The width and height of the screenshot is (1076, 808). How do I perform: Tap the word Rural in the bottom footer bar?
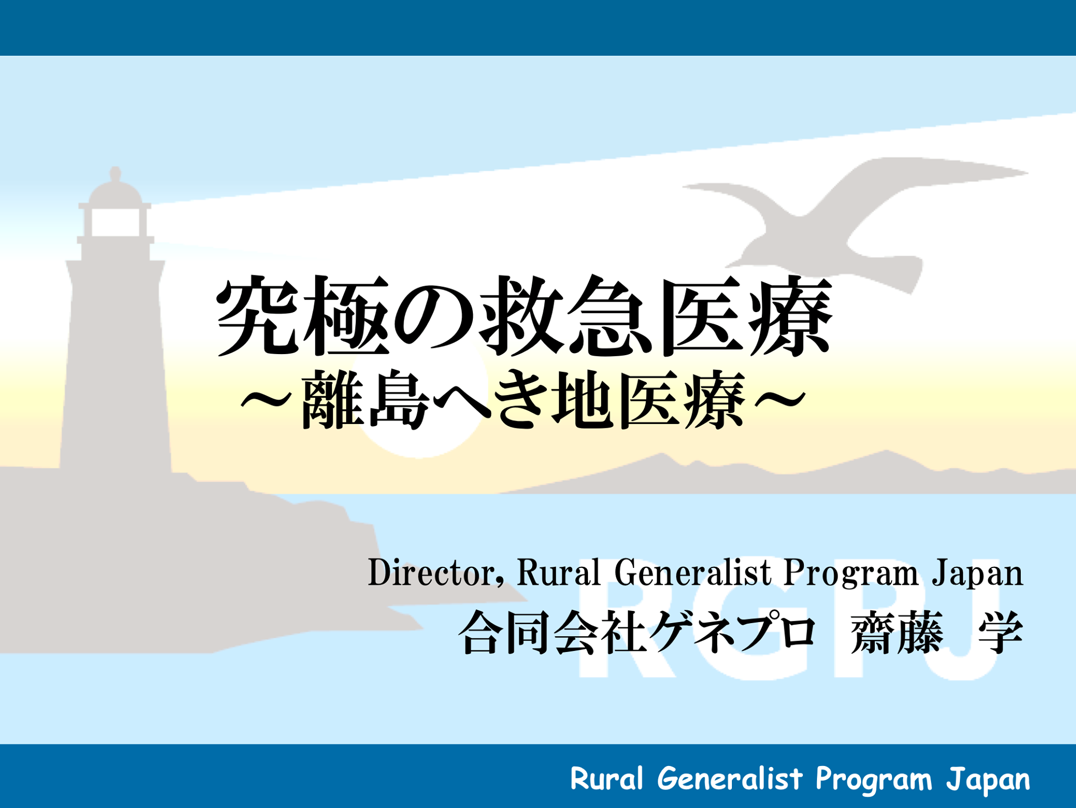tap(607, 778)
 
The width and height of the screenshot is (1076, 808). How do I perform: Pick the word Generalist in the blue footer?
tap(730, 778)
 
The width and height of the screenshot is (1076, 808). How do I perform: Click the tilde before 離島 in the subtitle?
tap(266, 400)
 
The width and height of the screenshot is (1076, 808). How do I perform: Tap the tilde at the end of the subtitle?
tap(780, 400)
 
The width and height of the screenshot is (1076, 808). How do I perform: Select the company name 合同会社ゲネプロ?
tap(637, 633)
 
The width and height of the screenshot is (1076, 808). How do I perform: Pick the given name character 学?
tap(1001, 633)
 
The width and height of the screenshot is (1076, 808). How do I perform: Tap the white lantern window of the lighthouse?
tap(116, 222)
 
